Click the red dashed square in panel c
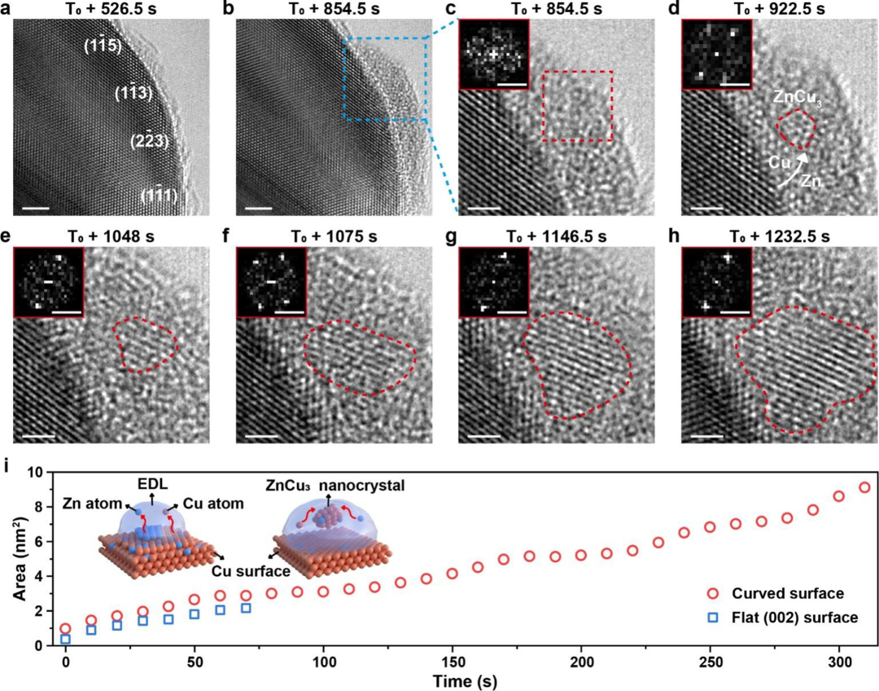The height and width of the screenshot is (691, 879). tap(577, 106)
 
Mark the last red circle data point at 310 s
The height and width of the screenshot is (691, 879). tap(864, 487)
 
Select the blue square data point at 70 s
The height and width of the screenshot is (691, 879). tap(246, 608)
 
